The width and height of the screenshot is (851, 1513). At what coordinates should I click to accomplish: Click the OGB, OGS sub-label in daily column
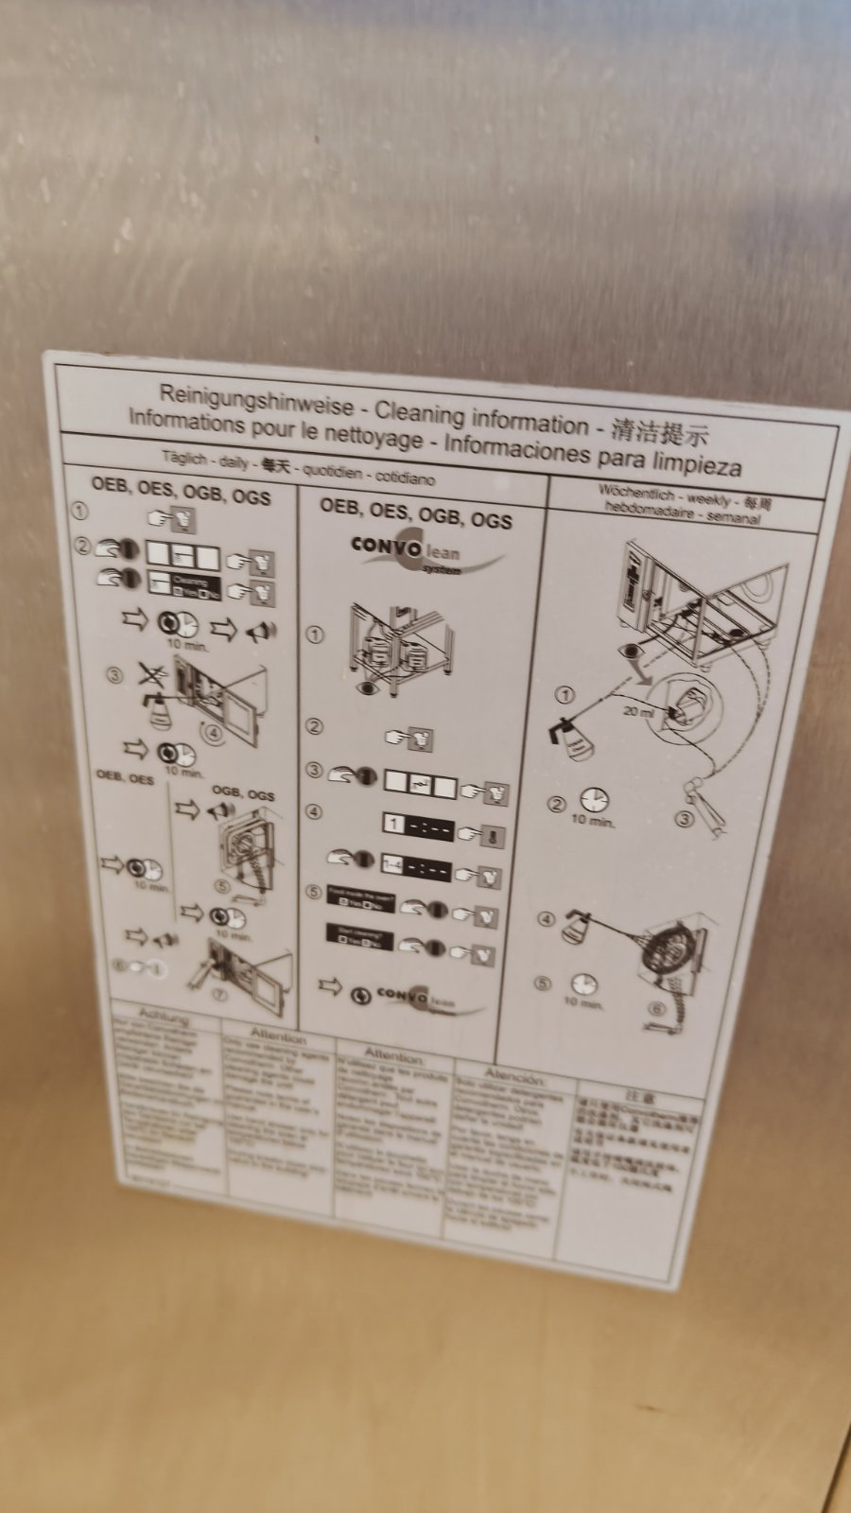(243, 792)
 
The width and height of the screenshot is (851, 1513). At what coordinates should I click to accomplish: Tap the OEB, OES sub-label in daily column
(124, 776)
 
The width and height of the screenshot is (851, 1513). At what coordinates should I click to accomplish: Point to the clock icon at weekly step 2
(595, 800)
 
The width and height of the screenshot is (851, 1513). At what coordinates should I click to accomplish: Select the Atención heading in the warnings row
(513, 1076)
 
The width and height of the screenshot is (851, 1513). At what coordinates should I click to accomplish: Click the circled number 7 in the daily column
(218, 994)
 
